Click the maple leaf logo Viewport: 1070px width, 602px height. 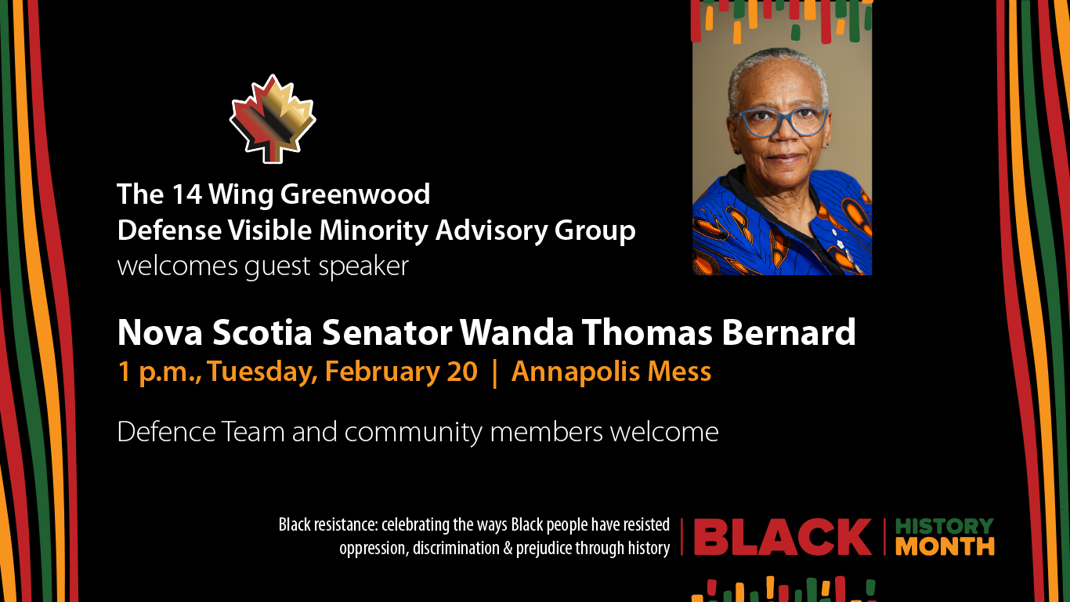(x=273, y=120)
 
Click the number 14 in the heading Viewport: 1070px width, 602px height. (x=186, y=194)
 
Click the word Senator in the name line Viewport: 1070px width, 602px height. (x=387, y=333)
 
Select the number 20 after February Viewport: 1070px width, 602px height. (x=461, y=372)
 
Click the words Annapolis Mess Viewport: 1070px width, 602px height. (x=611, y=372)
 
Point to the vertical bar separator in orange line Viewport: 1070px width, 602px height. (x=493, y=372)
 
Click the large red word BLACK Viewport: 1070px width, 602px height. (x=783, y=538)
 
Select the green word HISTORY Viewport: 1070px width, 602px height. (x=944, y=526)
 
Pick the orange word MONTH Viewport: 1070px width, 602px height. (x=944, y=546)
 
